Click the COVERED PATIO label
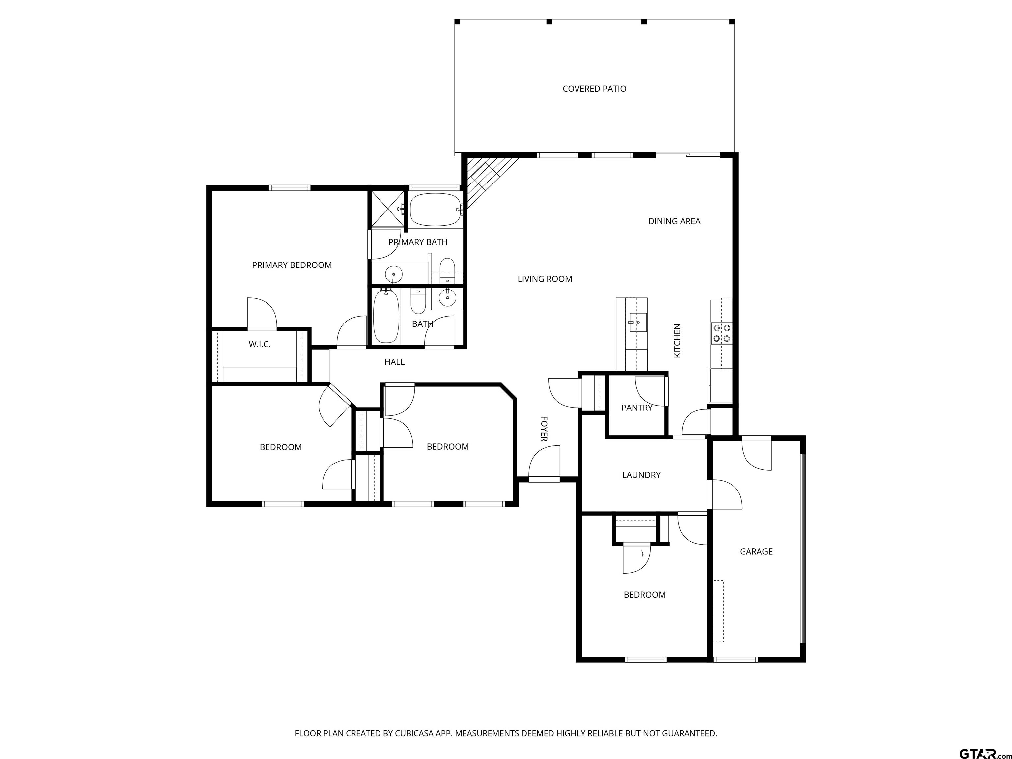(594, 89)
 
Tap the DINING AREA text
(674, 221)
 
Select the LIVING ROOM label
(545, 279)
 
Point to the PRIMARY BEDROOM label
(292, 265)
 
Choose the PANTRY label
(636, 408)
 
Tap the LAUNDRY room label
(641, 475)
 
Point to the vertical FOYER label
(544, 429)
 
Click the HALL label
(394, 362)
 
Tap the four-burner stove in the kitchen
(721, 333)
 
